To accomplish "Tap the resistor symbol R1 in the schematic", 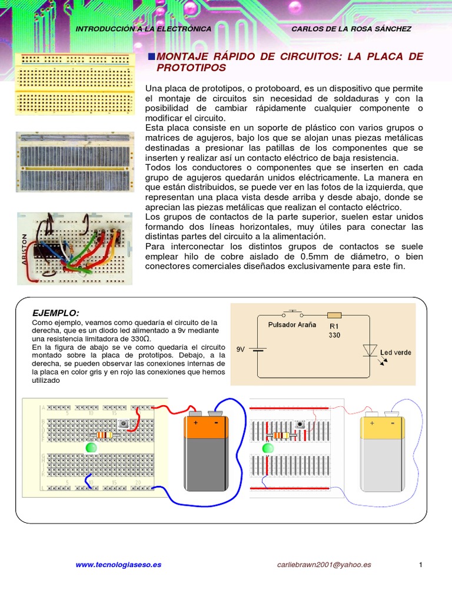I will [334, 315].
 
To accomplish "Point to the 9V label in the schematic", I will [240, 349].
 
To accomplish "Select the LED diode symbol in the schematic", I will [370, 350].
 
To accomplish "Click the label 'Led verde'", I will [395, 353].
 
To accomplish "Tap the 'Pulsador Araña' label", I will [292, 324].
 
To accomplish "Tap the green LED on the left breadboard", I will [91, 448].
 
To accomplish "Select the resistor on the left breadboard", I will [104, 435].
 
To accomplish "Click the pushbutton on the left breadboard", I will [124, 423].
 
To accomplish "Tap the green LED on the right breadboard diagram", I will [268, 448].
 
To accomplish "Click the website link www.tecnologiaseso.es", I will [118, 565].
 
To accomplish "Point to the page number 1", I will [421, 565].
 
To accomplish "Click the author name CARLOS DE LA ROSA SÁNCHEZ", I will [351, 29].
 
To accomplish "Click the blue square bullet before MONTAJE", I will [151, 56].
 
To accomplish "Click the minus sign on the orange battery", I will [216, 422].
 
